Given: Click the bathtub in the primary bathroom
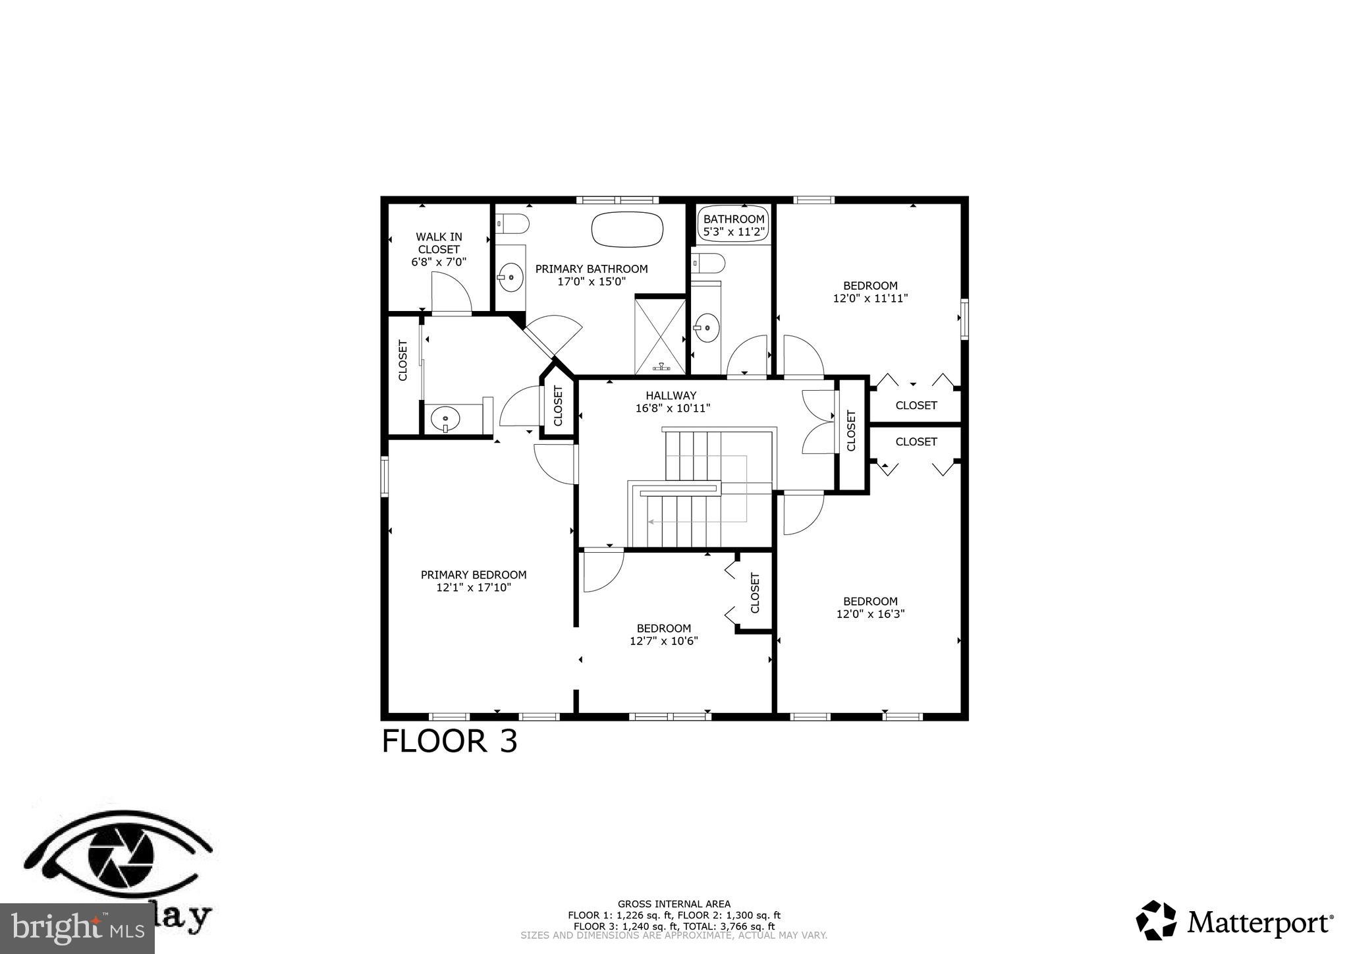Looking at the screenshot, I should [627, 229].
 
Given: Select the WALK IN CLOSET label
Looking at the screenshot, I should [439, 249].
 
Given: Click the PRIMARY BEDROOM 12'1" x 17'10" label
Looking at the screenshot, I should [474, 581].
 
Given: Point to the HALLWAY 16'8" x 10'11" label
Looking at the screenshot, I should [673, 401].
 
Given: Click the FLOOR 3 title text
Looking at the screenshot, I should [450, 741].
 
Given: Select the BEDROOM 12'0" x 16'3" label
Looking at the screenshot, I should [870, 607].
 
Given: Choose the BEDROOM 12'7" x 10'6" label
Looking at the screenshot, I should [663, 634].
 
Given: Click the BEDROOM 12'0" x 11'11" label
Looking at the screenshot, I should [870, 292].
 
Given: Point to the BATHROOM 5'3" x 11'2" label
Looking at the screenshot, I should [734, 225].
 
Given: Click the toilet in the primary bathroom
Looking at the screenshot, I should [512, 224].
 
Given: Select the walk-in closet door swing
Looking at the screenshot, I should [451, 293].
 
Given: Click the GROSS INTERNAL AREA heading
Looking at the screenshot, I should [674, 904].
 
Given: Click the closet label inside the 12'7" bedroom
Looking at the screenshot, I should [755, 592].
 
